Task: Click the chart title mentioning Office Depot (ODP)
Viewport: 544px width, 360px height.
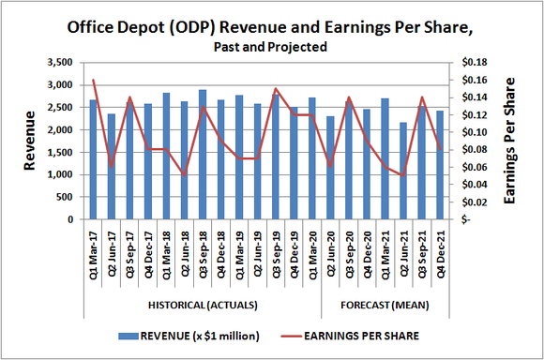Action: click(x=271, y=26)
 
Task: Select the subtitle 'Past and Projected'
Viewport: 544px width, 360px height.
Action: click(x=271, y=47)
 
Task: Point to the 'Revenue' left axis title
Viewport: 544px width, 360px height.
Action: click(x=30, y=141)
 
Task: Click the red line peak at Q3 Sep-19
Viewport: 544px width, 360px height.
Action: click(x=276, y=89)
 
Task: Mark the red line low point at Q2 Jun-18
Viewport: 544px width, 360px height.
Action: click(x=185, y=175)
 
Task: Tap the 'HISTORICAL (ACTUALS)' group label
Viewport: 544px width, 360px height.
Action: click(x=204, y=306)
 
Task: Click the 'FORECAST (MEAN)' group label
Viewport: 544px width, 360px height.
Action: click(x=385, y=306)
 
